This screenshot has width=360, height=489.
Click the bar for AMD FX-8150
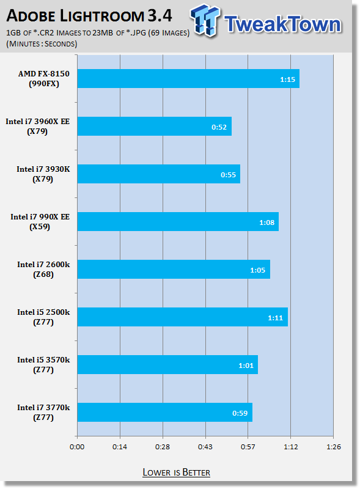coord(188,79)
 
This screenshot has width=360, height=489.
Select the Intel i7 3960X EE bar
coord(155,127)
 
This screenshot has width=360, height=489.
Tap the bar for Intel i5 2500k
coord(183,317)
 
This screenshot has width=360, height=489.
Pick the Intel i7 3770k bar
coord(164,412)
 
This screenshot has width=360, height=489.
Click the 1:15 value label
coord(287,79)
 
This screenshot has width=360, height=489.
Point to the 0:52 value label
coord(219,127)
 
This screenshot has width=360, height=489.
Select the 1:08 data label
coord(266,222)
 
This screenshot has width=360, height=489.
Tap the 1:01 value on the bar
coord(246,366)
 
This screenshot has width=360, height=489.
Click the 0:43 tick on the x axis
coord(205,447)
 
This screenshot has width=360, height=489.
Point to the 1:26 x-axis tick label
coord(334,447)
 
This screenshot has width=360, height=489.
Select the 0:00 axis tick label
coord(77,447)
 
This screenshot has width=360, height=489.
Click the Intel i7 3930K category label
coord(43,174)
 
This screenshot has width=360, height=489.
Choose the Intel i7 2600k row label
coord(43,270)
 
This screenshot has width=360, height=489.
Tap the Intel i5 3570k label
coord(43,365)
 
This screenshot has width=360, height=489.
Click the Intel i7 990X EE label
coord(40,222)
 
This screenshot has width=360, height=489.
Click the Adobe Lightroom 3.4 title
coord(89,16)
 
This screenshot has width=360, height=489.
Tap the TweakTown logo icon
coord(205,21)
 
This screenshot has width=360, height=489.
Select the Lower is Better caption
coord(176,472)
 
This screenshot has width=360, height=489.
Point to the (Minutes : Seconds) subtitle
coord(42,43)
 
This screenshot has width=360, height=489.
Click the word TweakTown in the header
coord(282,24)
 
